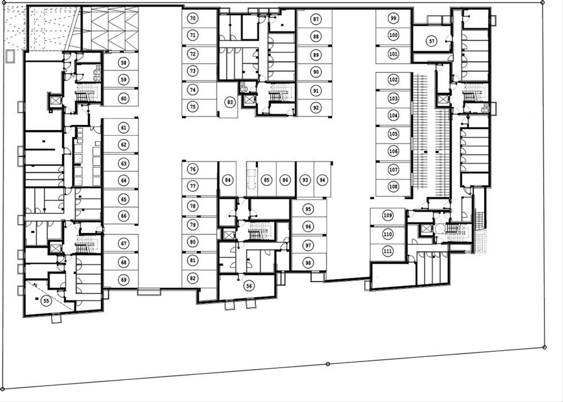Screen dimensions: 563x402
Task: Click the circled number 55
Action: [x=46, y=301]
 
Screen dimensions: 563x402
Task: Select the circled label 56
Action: [x=249, y=286]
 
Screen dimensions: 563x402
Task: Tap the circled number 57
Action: [x=432, y=41]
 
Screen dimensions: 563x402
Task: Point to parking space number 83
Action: [x=230, y=102]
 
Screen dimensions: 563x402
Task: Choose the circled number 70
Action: [x=193, y=18]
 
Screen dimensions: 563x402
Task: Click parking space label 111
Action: [x=388, y=251]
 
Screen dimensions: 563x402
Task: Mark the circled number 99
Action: [x=393, y=18]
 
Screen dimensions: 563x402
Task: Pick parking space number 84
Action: [x=228, y=180]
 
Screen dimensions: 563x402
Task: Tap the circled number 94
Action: [x=322, y=180]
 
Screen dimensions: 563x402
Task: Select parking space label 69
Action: [x=124, y=280]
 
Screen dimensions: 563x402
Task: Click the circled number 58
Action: [x=124, y=62]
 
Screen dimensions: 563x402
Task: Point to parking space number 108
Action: [x=393, y=187]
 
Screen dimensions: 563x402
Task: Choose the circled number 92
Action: [x=316, y=108]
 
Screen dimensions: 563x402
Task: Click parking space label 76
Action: [x=193, y=169]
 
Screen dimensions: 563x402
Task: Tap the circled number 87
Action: [x=316, y=19]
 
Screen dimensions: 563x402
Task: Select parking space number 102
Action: [x=393, y=80]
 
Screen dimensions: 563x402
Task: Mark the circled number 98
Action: [x=308, y=263]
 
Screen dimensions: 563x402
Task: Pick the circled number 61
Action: [x=124, y=128]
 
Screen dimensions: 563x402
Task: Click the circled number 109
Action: [x=388, y=215]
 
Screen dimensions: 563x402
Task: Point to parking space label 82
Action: [x=193, y=278]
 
